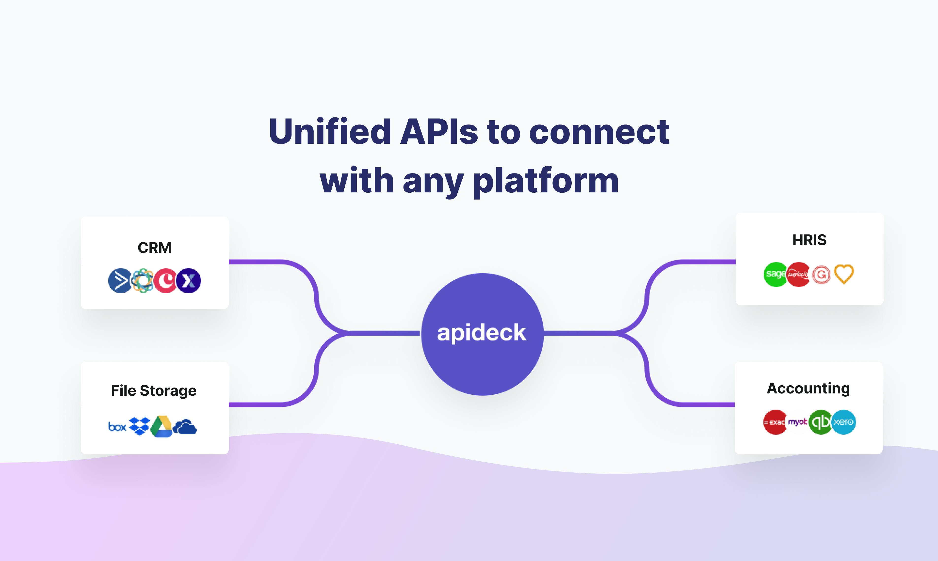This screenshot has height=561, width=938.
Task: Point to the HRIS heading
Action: click(x=809, y=240)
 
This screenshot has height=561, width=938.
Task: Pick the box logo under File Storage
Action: click(x=117, y=427)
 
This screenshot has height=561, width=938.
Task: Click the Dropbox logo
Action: click(x=140, y=426)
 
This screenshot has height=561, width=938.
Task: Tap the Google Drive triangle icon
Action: click(x=162, y=427)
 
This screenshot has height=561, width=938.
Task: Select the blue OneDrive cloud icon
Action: click(x=185, y=427)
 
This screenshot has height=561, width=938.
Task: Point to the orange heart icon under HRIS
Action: click(x=844, y=274)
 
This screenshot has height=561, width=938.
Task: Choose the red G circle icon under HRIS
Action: click(x=821, y=274)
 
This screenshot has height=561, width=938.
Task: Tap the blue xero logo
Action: click(x=843, y=422)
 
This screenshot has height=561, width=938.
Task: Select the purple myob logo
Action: click(x=798, y=422)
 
